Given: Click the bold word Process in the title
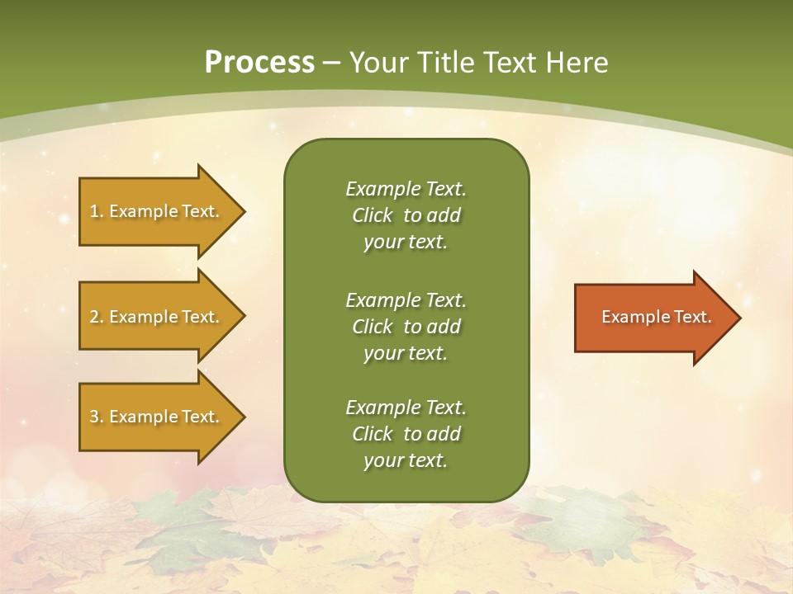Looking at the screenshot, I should click(x=259, y=63).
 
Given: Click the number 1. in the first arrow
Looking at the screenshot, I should click(x=97, y=211).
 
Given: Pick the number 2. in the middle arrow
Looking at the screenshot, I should click(x=97, y=317).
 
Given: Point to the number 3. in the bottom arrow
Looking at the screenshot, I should click(x=97, y=417).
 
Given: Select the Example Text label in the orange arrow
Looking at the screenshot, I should click(x=656, y=317).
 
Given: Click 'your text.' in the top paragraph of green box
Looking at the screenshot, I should click(x=406, y=243).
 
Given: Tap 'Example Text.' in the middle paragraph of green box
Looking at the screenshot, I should click(x=406, y=300).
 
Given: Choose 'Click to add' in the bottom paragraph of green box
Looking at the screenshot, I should click(x=406, y=434).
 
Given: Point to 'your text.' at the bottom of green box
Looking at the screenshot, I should click(x=406, y=461).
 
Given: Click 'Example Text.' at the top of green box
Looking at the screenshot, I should click(x=406, y=189).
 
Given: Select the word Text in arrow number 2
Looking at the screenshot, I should click(x=201, y=317).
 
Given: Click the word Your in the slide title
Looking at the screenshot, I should click(x=377, y=63).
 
